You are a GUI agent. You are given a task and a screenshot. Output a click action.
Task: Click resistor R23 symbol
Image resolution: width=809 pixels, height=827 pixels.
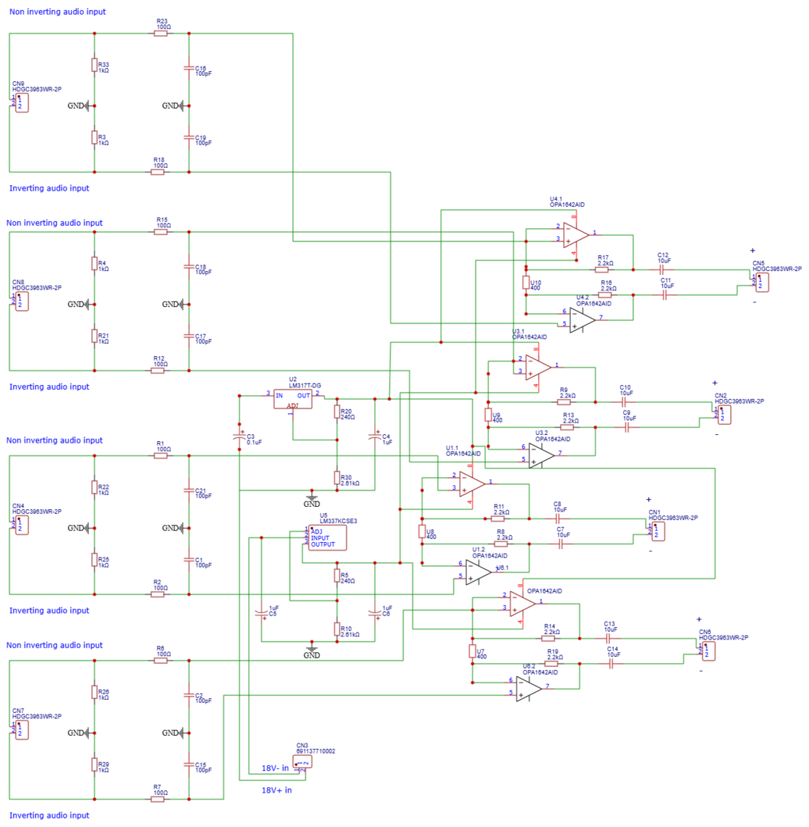click(161, 34)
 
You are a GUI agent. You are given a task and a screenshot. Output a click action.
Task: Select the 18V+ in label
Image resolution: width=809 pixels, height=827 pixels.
click(276, 789)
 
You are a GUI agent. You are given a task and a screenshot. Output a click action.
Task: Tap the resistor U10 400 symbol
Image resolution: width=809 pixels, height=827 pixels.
click(527, 283)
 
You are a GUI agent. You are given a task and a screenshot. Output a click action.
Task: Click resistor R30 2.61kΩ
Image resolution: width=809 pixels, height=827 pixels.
click(337, 479)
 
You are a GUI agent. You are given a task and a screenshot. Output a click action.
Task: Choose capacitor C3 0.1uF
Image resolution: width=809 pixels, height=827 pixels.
click(240, 436)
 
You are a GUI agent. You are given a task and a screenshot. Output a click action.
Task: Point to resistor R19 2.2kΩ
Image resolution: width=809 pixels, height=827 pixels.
click(552, 664)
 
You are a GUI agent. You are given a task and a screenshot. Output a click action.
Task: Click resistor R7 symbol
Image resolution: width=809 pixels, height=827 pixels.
click(158, 799)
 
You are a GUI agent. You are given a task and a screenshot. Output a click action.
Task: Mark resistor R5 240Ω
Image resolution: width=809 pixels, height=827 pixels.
click(337, 575)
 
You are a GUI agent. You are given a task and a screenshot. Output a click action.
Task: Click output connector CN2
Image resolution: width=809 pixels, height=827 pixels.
click(723, 414)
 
